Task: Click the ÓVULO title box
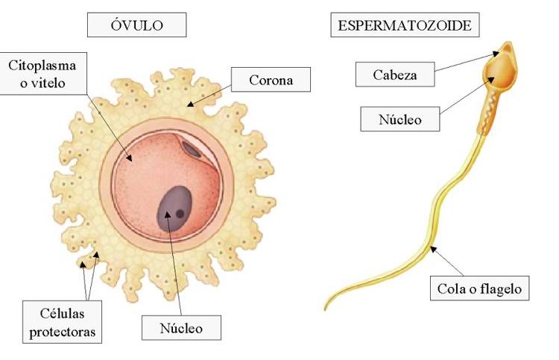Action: [136, 26]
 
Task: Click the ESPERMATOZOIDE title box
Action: [405, 26]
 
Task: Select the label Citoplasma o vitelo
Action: [42, 73]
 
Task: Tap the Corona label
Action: [271, 79]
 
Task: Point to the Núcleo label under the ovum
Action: [181, 326]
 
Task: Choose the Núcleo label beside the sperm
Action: [399, 119]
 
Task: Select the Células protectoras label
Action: [61, 320]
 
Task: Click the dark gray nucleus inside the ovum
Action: [176, 208]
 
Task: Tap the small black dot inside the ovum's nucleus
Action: [180, 214]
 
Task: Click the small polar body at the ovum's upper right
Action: [192, 150]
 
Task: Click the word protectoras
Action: [62, 331]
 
